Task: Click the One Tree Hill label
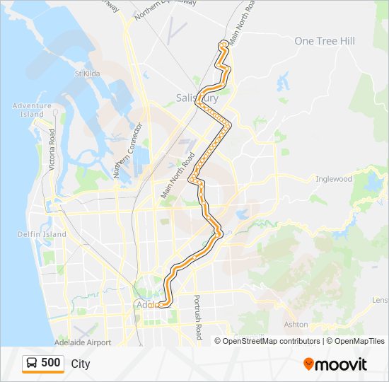point(324,41)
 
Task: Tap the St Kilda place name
point(90,73)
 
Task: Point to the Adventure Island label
point(32,110)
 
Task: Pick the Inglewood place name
point(334,179)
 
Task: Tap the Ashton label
point(296,325)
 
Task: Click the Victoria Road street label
point(52,149)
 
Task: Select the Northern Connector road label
point(128,149)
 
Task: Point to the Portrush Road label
point(198,316)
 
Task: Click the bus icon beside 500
point(32,363)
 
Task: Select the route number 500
point(51,363)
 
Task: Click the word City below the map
point(81,364)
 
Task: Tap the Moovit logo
point(335,364)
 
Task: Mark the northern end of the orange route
point(224,44)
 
